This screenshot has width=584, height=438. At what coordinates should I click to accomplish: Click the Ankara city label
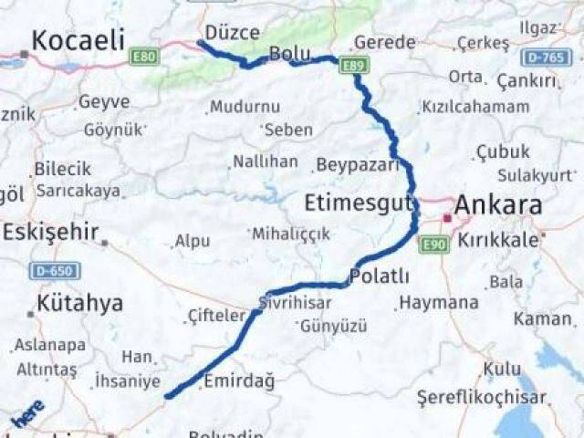point(498,204)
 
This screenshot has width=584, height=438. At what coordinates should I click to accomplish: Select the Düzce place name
point(232,33)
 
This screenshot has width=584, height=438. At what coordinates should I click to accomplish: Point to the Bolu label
point(290,54)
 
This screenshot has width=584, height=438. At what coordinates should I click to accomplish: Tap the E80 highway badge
point(143,57)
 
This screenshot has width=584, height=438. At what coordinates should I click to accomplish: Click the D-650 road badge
point(55,271)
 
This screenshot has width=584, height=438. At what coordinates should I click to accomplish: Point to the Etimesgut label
point(359,202)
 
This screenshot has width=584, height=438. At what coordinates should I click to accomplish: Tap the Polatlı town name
point(379,276)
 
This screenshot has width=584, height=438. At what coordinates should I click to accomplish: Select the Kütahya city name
point(79,303)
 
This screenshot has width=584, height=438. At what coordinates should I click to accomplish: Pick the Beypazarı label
point(358,165)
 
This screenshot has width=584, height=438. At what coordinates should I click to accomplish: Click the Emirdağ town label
point(238,381)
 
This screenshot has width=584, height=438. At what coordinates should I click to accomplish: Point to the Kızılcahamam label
point(474,107)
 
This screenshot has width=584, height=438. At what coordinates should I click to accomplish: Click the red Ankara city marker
point(446,218)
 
